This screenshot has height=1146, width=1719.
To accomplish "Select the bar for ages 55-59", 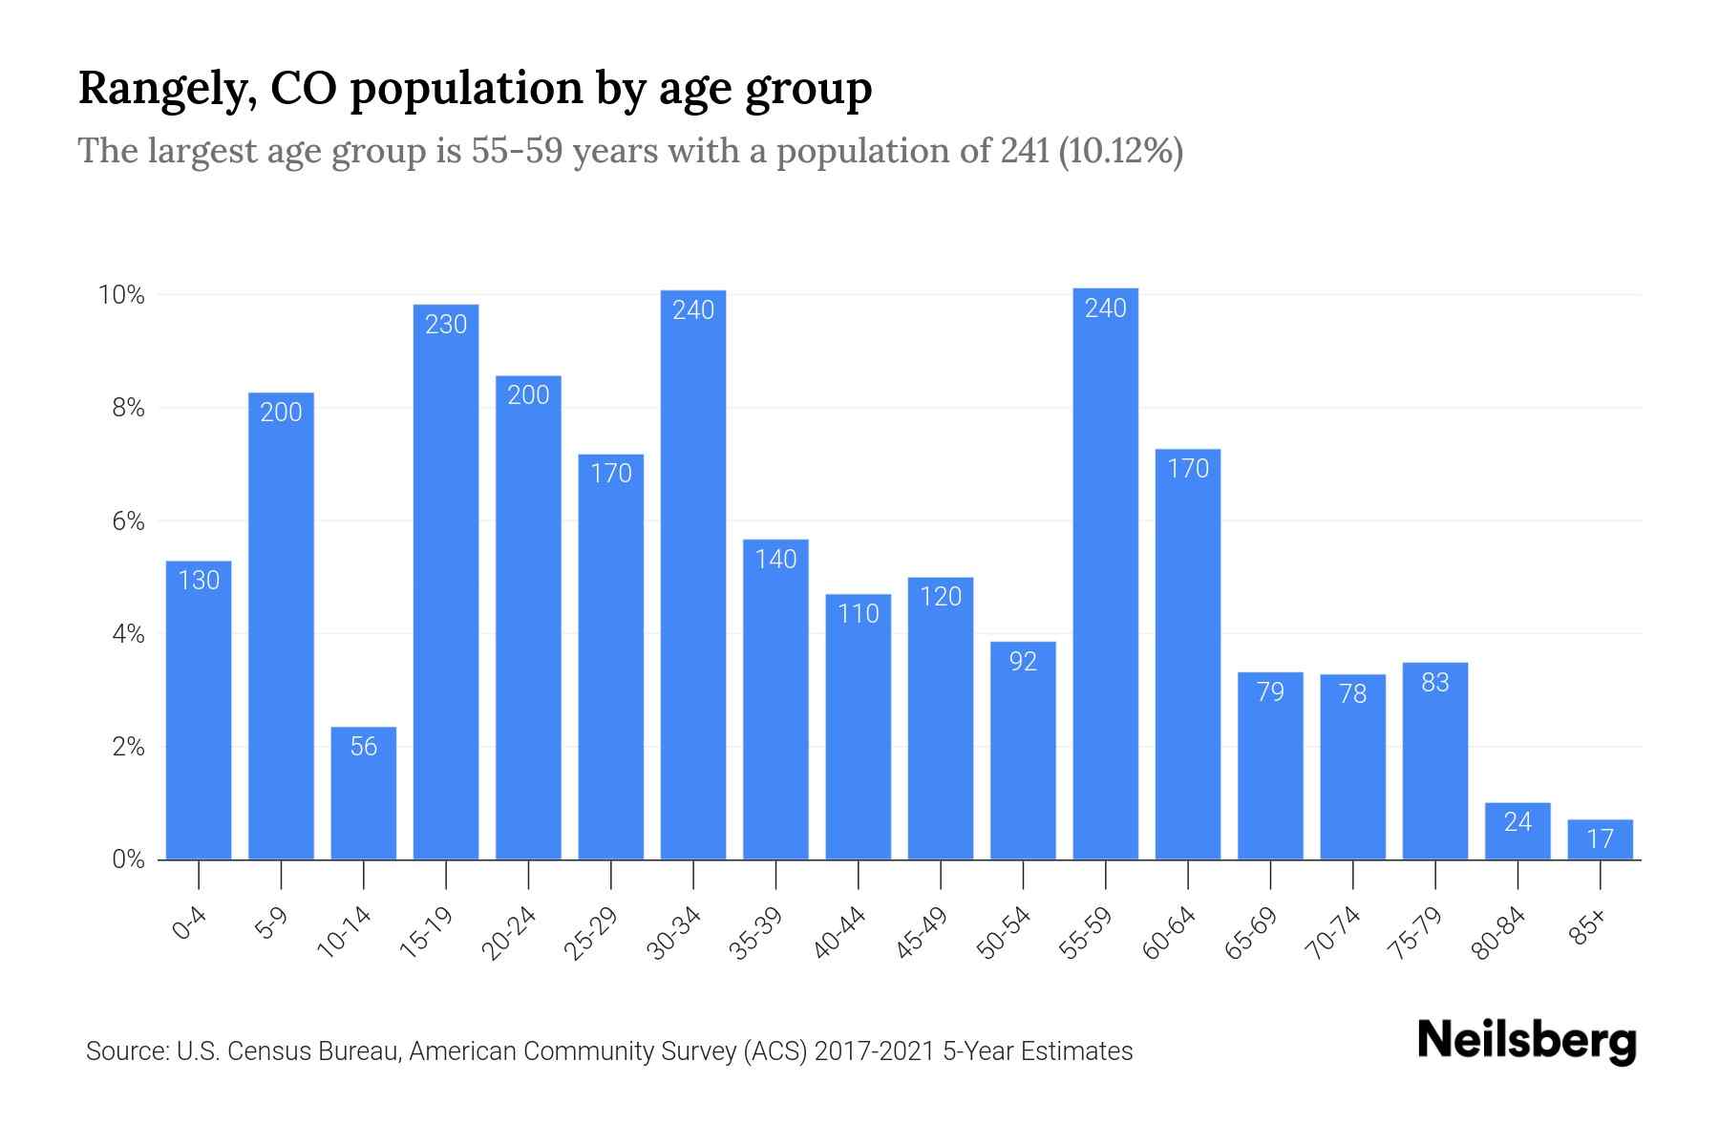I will click(x=1106, y=573).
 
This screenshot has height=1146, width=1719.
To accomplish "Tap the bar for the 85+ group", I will click(x=1600, y=839).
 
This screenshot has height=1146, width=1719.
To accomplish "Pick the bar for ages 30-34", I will click(x=693, y=573).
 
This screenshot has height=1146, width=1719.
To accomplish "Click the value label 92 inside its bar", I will click(x=1023, y=661).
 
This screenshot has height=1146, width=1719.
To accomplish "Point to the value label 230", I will click(x=446, y=325).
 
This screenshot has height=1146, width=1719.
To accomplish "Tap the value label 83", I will click(x=1435, y=682).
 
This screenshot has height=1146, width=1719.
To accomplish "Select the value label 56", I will click(x=364, y=746).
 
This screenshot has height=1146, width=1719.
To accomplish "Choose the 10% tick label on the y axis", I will click(x=122, y=295).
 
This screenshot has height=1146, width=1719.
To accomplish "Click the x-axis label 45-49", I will click(x=922, y=933).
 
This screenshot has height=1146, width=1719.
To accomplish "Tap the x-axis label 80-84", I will click(x=1499, y=933).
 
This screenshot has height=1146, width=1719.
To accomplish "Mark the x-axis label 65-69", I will click(x=1252, y=933).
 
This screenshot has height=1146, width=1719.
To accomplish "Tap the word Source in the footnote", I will click(x=126, y=1051).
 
